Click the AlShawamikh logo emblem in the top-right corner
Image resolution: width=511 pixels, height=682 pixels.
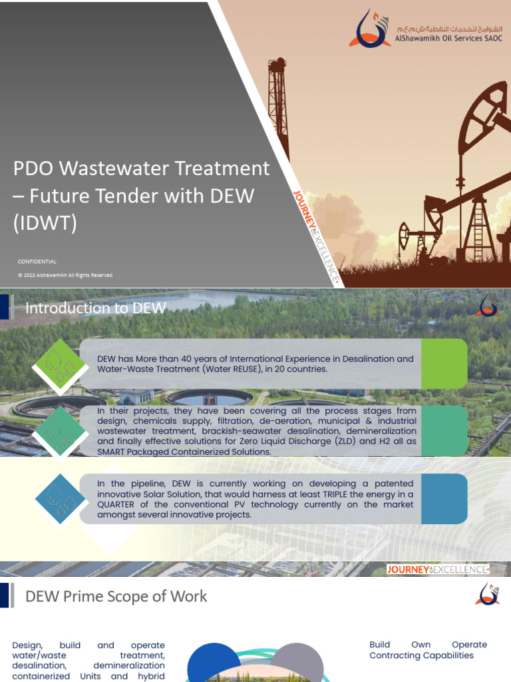(x=370, y=29)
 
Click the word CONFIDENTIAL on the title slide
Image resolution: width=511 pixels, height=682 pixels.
(x=37, y=262)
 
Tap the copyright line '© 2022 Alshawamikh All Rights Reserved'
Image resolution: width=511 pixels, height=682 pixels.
(x=65, y=275)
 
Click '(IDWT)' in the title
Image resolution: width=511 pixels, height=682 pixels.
(x=45, y=223)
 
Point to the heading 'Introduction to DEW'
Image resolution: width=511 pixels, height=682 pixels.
(x=95, y=308)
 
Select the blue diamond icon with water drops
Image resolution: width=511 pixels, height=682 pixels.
(x=62, y=499)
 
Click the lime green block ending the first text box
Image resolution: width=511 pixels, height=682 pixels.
(x=444, y=364)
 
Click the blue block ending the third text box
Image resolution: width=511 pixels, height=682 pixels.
(x=444, y=499)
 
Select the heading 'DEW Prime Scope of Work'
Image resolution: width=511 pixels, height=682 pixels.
(x=116, y=596)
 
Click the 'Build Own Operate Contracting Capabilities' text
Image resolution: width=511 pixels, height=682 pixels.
(x=428, y=650)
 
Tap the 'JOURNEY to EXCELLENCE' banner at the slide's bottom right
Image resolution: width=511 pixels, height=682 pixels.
(x=438, y=569)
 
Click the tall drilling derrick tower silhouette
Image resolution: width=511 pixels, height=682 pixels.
(x=278, y=107)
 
